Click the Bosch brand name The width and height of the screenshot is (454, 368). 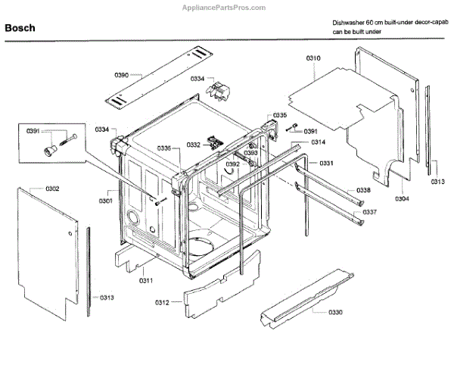tap(21, 28)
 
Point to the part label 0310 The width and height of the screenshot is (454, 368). tap(313, 58)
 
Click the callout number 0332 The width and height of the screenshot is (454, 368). tap(193, 145)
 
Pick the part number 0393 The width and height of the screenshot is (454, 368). tap(250, 153)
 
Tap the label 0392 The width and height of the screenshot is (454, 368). tap(232, 164)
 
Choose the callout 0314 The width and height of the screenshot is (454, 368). tap(318, 142)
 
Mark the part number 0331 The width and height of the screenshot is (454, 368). tap(326, 164)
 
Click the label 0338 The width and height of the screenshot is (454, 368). tap(364, 191)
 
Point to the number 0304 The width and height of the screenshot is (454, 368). tap(402, 198)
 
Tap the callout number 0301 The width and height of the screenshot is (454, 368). tap(105, 201)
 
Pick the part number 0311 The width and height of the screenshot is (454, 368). tap(146, 281)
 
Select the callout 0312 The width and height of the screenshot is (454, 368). tap(161, 303)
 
